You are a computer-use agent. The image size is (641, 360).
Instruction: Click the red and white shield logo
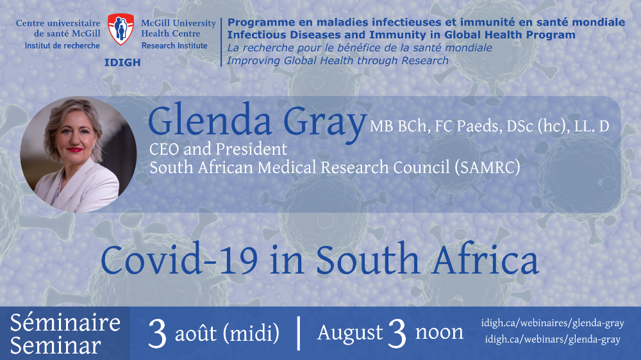(x=121, y=29)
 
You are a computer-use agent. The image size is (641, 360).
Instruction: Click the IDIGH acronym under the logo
(x=122, y=63)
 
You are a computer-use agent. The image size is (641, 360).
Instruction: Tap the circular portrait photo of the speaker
(x=78, y=154)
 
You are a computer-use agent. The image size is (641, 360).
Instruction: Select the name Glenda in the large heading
(x=210, y=120)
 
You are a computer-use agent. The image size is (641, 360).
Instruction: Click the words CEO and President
(x=219, y=149)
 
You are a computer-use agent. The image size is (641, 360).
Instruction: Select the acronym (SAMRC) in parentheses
(x=487, y=168)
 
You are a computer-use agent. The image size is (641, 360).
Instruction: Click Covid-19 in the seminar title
(x=179, y=259)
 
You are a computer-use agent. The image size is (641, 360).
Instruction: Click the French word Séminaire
(x=65, y=322)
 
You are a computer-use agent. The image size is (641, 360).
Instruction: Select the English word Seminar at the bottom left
(x=56, y=345)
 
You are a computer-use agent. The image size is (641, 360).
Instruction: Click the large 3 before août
(x=158, y=334)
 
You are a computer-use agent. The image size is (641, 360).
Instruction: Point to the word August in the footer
(x=350, y=332)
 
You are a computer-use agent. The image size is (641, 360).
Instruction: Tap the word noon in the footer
(x=439, y=332)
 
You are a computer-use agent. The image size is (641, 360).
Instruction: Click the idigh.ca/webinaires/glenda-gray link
(x=553, y=323)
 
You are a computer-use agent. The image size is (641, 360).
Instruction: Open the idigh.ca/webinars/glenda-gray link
(x=553, y=340)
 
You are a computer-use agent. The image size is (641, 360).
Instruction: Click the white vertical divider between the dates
(x=299, y=333)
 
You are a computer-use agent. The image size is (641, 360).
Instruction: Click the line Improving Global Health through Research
(x=338, y=61)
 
